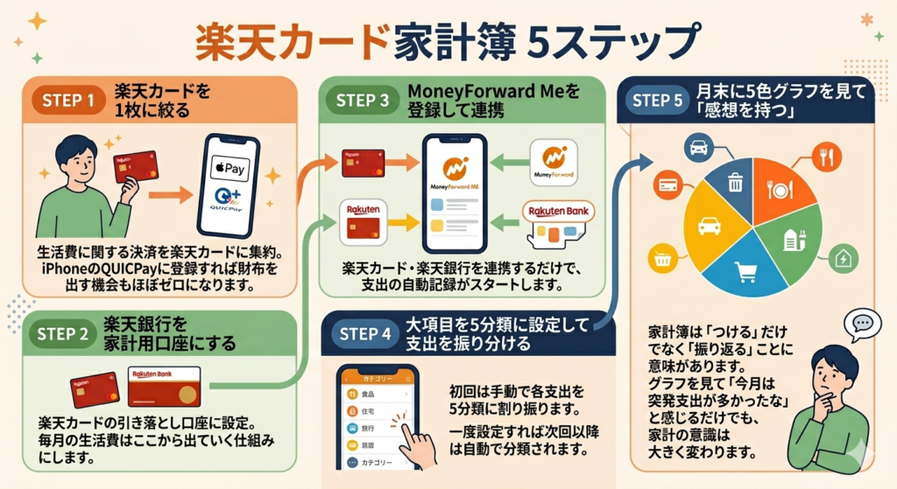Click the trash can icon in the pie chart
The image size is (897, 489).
tap(734, 181)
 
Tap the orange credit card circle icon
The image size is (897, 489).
tap(668, 185)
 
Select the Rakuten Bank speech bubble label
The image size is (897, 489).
tap(556, 211)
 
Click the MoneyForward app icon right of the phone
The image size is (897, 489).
tap(554, 163)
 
